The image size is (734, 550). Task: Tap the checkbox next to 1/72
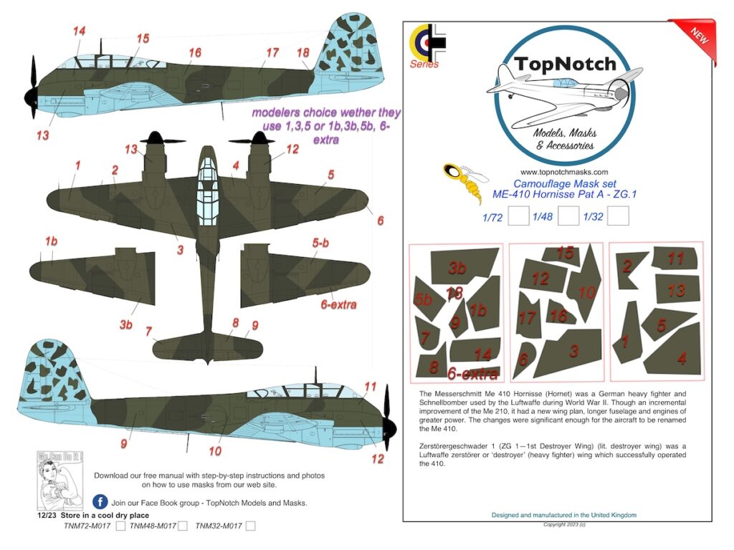coord(518,216)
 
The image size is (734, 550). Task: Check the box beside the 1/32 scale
coord(618,216)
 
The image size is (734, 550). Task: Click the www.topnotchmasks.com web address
coord(564,172)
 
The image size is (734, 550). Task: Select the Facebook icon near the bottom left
coord(100,502)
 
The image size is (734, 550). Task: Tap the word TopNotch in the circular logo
coord(564,64)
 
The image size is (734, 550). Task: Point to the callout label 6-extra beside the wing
coord(338,304)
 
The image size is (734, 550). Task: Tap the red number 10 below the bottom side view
coord(215,451)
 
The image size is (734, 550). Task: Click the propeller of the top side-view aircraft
coord(32,87)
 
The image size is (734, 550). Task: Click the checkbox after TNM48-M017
coord(182,526)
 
